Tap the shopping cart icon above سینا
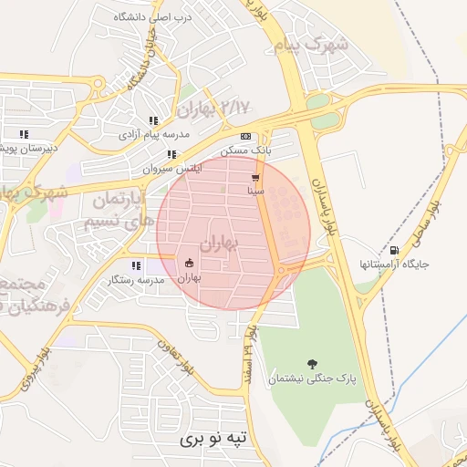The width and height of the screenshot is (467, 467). click(x=256, y=178)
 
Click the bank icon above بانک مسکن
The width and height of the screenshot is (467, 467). click(x=245, y=136)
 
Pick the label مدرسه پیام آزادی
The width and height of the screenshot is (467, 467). click(x=153, y=134)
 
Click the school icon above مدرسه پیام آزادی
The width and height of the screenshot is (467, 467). click(x=154, y=120)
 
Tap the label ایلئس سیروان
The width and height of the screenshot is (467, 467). click(x=166, y=169)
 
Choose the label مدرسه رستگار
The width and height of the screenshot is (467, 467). click(x=136, y=279)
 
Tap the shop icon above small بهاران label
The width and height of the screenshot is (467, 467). click(x=189, y=265)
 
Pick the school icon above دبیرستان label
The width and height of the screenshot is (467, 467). click(x=24, y=134)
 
